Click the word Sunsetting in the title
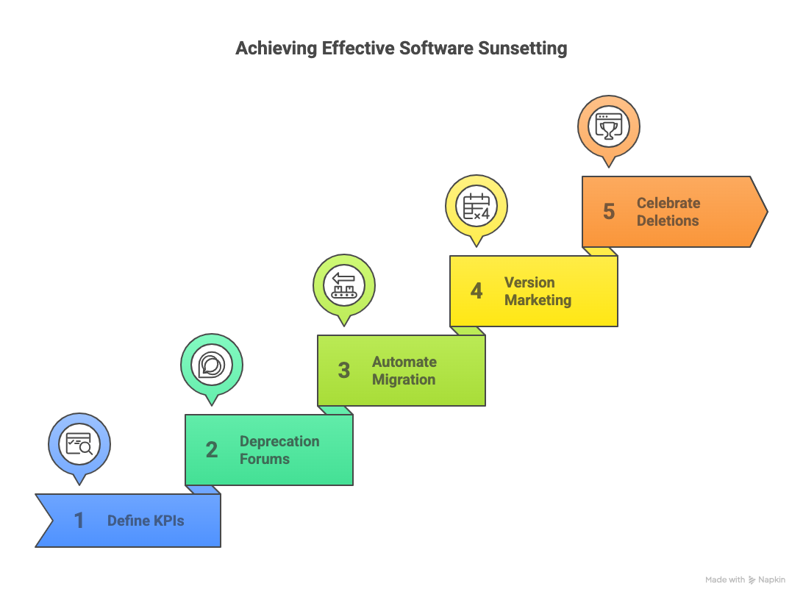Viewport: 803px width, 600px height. pyautogui.click(x=522, y=49)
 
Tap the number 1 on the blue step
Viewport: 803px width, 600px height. pyautogui.click(x=79, y=521)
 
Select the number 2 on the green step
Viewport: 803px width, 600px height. pyautogui.click(x=211, y=450)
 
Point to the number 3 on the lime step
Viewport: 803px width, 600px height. pyautogui.click(x=343, y=371)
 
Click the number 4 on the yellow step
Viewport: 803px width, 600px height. pyautogui.click(x=476, y=291)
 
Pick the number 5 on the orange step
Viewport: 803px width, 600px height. pyautogui.click(x=608, y=212)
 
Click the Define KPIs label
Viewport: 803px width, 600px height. pyautogui.click(x=146, y=521)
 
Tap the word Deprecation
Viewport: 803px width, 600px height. pyautogui.click(x=279, y=441)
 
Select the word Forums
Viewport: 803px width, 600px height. pyautogui.click(x=265, y=459)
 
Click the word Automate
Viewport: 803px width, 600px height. pyautogui.click(x=404, y=362)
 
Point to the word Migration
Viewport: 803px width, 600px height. pyautogui.click(x=404, y=379)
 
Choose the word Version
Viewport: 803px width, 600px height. pyautogui.click(x=529, y=282)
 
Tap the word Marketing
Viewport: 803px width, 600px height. pyautogui.click(x=538, y=300)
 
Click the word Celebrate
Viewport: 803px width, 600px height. pyautogui.click(x=668, y=203)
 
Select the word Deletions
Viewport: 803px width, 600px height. pyautogui.click(x=668, y=221)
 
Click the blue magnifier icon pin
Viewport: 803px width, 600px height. pyautogui.click(x=79, y=444)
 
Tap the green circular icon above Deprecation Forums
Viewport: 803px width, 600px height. pyautogui.click(x=212, y=365)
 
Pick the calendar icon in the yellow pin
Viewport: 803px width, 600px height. pyautogui.click(x=477, y=206)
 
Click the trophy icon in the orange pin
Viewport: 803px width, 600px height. pyautogui.click(x=609, y=126)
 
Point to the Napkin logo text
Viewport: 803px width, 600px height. pyautogui.click(x=771, y=580)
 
